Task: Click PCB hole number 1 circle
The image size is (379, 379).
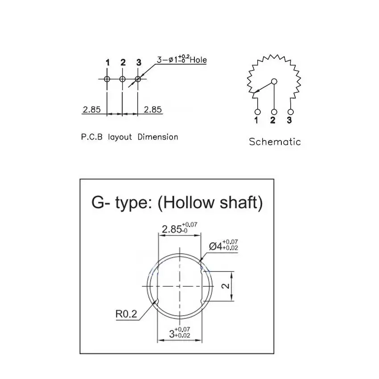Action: click(107, 79)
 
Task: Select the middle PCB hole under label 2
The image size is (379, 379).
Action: click(122, 79)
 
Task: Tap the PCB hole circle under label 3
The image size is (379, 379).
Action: click(138, 79)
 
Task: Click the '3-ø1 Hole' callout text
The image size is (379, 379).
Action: click(182, 59)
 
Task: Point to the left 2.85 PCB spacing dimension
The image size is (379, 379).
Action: click(91, 110)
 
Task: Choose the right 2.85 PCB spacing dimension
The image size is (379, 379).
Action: click(153, 110)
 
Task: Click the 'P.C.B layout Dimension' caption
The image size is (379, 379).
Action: click(130, 137)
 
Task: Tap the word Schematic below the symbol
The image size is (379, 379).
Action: click(275, 142)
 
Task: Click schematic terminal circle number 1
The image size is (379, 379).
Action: click(258, 112)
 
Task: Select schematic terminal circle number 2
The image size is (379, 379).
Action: click(274, 112)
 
